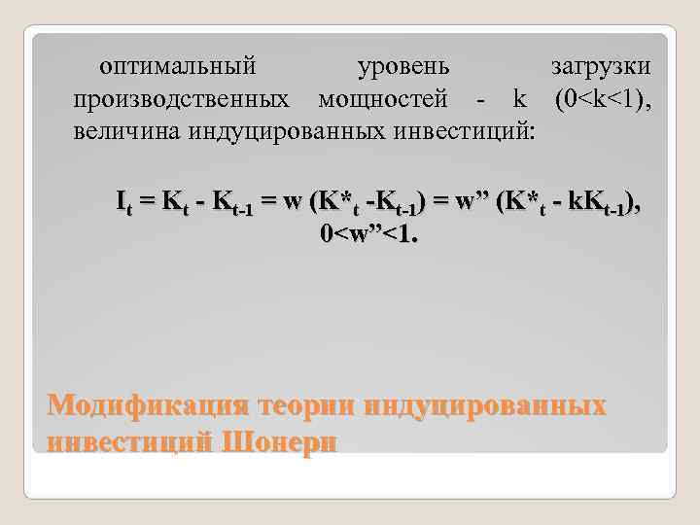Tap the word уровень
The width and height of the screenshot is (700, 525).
tap(403, 68)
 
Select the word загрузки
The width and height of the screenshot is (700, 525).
tap(601, 68)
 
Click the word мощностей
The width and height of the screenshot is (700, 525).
tap(383, 99)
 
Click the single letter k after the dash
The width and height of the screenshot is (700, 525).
tap(519, 99)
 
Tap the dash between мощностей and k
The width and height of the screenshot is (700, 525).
tap(480, 100)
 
